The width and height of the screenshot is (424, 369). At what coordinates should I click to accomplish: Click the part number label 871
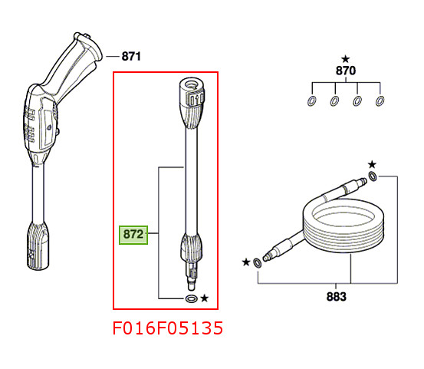click(132, 56)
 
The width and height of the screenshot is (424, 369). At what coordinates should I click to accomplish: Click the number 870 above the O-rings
click(346, 71)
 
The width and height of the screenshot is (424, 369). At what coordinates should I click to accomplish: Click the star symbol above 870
click(345, 58)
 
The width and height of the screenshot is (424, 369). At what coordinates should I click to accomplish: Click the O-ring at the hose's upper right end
click(373, 177)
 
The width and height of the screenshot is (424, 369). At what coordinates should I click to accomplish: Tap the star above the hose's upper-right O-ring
click(372, 163)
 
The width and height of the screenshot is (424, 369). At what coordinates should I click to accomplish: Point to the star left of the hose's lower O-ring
click(245, 262)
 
